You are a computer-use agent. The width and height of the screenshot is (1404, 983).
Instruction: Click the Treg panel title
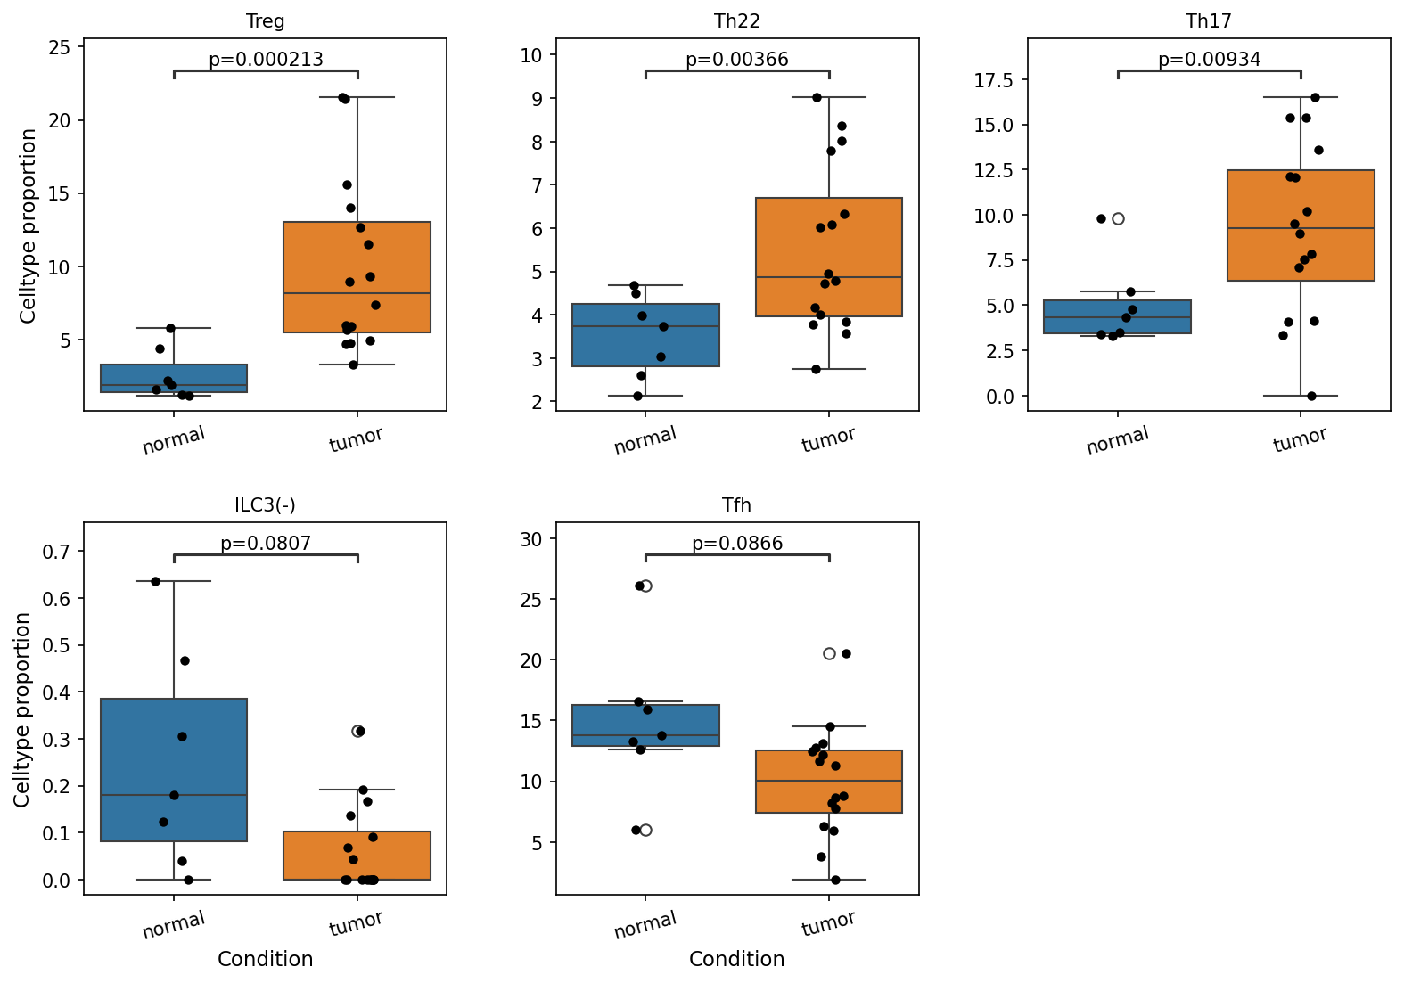coord(265,21)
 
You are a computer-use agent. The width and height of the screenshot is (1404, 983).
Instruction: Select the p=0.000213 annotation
coord(266,60)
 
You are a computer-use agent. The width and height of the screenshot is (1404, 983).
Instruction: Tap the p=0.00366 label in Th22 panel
coord(737,60)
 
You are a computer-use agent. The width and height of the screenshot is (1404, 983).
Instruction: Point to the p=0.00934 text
coord(1209,60)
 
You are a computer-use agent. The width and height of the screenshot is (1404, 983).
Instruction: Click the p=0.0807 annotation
coord(266,543)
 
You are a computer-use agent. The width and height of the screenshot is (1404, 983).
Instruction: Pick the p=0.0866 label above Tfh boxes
coord(737,543)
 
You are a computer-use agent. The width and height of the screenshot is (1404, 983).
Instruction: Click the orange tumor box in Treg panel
coord(357,277)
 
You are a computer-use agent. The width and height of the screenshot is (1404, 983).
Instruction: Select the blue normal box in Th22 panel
coord(645,335)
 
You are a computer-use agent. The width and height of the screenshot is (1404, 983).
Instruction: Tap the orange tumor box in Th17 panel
coord(1301,225)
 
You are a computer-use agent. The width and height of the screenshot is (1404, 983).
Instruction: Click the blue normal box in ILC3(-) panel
coord(174,770)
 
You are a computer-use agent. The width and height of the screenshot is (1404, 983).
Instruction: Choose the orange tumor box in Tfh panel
coord(829,782)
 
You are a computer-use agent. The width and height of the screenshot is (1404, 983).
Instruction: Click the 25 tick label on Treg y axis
coord(60,47)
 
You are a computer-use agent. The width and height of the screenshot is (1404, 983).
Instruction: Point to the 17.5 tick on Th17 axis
coord(996,80)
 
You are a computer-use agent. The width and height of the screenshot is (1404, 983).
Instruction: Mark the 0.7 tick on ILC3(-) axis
coord(56,552)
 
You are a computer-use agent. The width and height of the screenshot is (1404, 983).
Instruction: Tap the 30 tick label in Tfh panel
coord(531,539)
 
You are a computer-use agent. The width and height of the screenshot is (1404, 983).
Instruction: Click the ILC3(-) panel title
coord(265,505)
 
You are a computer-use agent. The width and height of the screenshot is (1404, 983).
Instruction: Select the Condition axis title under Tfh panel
coord(737,959)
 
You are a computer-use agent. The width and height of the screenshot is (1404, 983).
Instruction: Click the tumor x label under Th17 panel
coord(1300,439)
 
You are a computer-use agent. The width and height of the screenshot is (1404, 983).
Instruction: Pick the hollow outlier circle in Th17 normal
coord(1118,218)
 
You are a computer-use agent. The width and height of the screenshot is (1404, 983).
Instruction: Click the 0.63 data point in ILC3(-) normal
coord(156,581)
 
